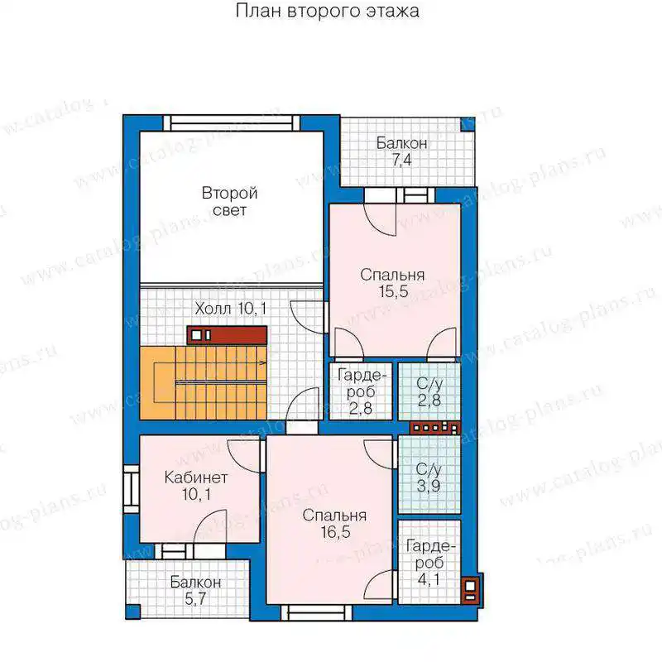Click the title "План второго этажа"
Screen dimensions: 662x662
pyautogui.click(x=327, y=11)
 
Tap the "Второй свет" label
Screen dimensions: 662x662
pyautogui.click(x=229, y=201)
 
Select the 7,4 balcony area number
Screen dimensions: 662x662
pyautogui.click(x=401, y=161)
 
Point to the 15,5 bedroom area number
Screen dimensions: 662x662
pyautogui.click(x=393, y=291)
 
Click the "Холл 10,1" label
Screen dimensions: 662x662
pyautogui.click(x=231, y=309)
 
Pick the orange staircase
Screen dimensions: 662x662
pyautogui.click(x=203, y=383)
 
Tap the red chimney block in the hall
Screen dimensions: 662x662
pyautogui.click(x=227, y=335)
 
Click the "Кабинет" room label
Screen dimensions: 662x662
pyautogui.click(x=196, y=477)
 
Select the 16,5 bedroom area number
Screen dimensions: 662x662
pyautogui.click(x=335, y=532)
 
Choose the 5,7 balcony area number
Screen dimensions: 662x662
pyautogui.click(x=195, y=598)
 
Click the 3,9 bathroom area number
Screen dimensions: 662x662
pyautogui.click(x=429, y=486)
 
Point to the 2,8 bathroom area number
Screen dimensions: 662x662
pyautogui.click(x=429, y=401)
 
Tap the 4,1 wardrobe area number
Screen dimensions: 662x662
pyautogui.click(x=429, y=579)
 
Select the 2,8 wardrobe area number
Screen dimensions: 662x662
pyautogui.click(x=361, y=408)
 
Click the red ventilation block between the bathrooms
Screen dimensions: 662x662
pyautogui.click(x=435, y=428)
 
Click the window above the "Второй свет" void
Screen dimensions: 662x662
pyautogui.click(x=231, y=122)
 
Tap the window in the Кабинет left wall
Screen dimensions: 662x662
pyautogui.click(x=132, y=489)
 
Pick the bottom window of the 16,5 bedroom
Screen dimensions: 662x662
pyautogui.click(x=316, y=612)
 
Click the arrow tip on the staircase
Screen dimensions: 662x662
pyautogui.click(x=266, y=362)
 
